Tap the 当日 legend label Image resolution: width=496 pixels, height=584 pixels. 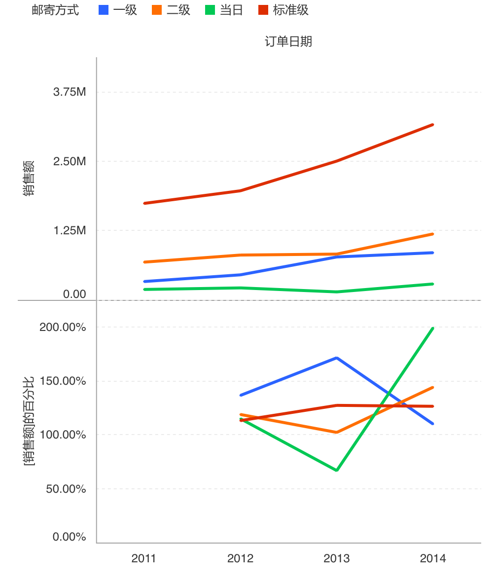coord(231,10)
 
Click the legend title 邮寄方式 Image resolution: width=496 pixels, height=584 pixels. coord(62,10)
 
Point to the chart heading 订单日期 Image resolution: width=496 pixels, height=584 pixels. coord(288,41)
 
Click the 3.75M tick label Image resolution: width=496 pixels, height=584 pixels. coord(70,92)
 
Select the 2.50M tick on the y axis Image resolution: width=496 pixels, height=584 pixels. coord(70,161)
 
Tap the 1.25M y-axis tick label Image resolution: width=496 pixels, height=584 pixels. coord(70,230)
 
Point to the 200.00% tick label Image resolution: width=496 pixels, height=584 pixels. coord(63,327)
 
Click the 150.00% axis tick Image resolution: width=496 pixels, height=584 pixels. coord(63,381)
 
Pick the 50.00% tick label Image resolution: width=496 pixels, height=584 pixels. coord(65,489)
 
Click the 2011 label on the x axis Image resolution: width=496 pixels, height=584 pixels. coord(143,558)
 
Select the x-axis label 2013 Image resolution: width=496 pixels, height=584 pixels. coord(336,558)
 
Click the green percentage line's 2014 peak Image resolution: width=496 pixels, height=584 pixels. coord(432,328)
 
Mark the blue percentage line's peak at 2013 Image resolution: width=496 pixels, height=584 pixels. coord(336,358)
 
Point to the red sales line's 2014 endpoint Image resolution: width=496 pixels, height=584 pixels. coord(432,125)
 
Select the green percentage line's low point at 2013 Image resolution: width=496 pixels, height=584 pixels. coord(336,470)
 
